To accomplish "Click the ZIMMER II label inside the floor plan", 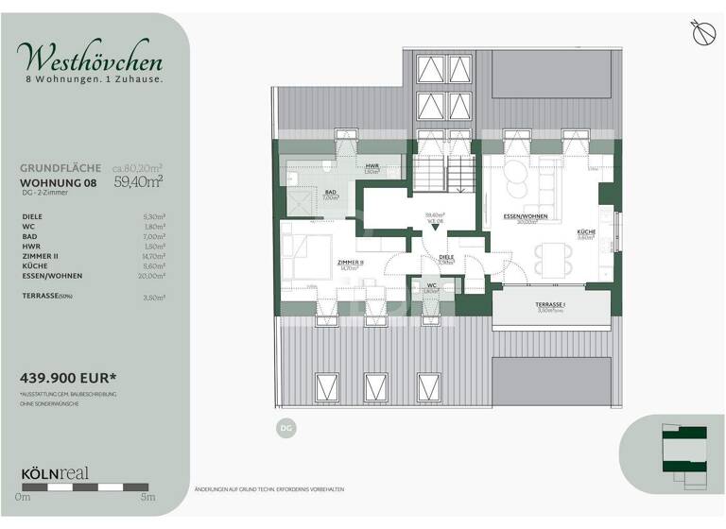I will point(352,264).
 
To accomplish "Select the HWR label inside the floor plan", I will point(372,166).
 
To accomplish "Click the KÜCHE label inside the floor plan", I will point(585,232).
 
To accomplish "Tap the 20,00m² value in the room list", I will point(152,276).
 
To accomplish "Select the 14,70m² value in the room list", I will point(152,255).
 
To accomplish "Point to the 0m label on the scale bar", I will point(23,496).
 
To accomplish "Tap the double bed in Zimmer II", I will point(308,258).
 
